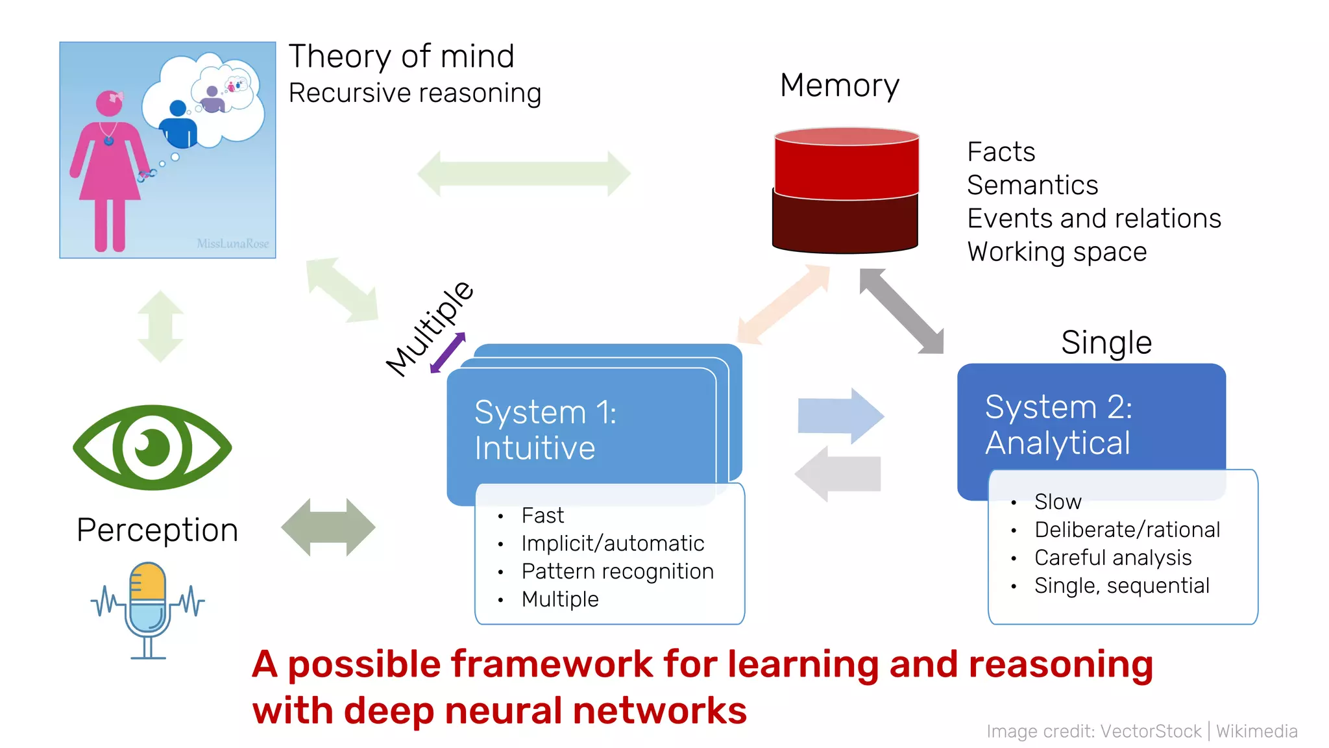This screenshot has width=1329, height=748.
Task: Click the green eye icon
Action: (152, 447)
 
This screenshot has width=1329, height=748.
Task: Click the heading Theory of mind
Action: (401, 56)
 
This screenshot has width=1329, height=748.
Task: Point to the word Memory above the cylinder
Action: (839, 86)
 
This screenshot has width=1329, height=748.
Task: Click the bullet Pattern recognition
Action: (617, 571)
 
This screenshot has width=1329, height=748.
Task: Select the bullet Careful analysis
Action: (1112, 558)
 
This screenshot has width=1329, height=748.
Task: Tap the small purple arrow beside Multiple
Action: (448, 353)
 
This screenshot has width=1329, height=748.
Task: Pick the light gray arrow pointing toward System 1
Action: (838, 474)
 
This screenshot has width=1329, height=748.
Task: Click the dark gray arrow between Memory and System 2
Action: (901, 311)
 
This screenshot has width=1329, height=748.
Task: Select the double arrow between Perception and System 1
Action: (328, 527)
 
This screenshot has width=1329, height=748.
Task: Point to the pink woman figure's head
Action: (109, 103)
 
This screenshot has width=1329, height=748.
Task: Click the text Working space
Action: (1056, 252)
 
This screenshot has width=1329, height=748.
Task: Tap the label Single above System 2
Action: (1106, 342)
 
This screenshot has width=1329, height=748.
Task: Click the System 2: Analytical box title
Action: (1058, 425)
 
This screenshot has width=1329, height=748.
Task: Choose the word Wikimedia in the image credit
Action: (1256, 731)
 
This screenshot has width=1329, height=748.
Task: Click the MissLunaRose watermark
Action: (232, 243)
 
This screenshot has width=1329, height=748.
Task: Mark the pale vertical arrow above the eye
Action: (160, 326)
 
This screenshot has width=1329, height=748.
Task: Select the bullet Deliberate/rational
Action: (1127, 530)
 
